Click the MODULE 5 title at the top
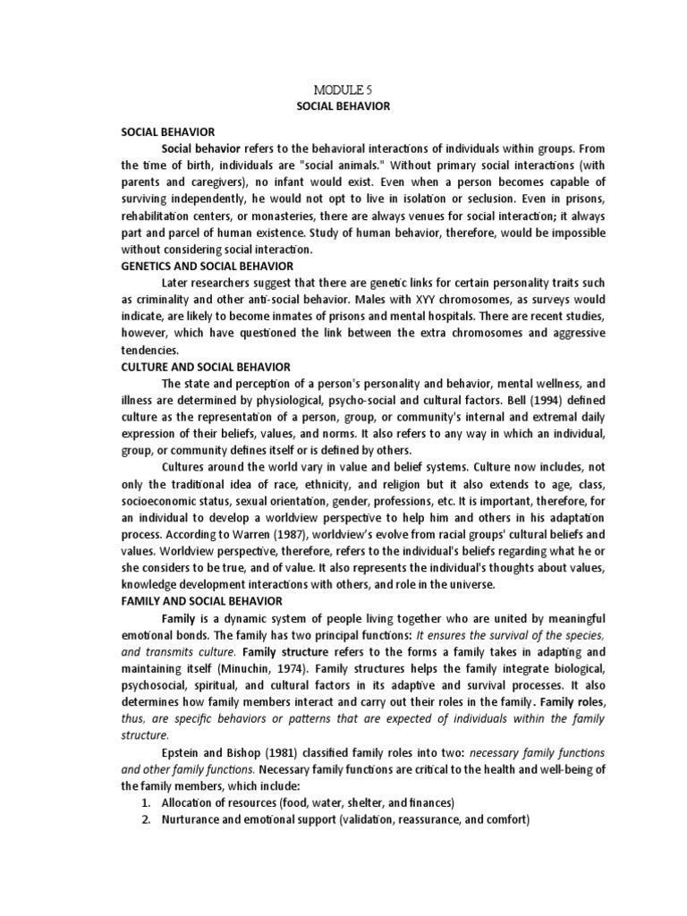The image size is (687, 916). click(x=343, y=90)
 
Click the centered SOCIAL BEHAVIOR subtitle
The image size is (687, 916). click(x=343, y=106)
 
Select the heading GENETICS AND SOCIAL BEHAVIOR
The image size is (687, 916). click(x=207, y=266)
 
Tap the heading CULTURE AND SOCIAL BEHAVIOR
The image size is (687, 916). click(x=204, y=367)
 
